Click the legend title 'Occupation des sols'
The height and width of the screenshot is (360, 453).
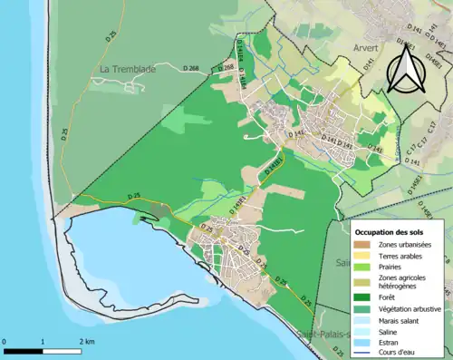(x=391, y=229)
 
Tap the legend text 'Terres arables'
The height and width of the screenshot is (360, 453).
(x=404, y=257)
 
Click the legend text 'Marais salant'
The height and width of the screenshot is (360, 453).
(x=401, y=320)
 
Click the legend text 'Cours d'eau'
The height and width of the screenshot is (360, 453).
(x=400, y=355)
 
